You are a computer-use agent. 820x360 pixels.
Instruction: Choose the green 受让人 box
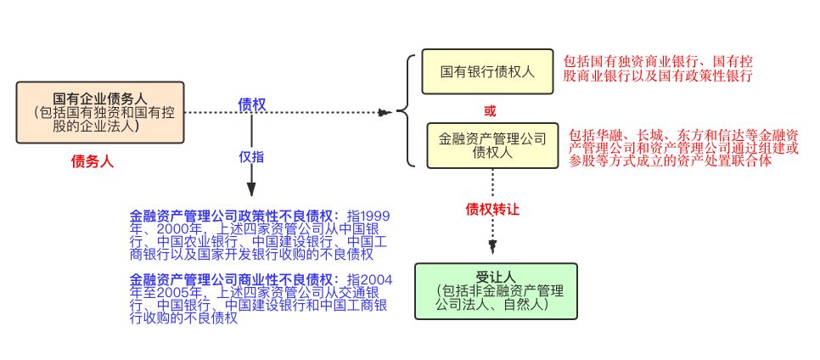click(x=496, y=291)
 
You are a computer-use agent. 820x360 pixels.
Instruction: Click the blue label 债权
click(x=251, y=104)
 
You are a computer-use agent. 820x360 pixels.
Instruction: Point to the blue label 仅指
click(x=251, y=156)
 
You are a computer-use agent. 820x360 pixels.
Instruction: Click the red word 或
click(x=489, y=110)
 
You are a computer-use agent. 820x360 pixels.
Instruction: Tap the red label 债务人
click(x=93, y=160)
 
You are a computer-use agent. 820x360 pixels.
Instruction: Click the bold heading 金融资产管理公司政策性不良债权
click(x=234, y=217)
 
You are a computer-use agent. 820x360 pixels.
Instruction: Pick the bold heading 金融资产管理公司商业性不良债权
click(x=234, y=280)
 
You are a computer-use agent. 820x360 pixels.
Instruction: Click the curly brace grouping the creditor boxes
click(x=406, y=110)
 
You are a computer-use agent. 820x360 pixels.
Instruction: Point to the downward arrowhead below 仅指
click(x=251, y=189)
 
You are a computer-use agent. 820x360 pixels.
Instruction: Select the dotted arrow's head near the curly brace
click(x=385, y=112)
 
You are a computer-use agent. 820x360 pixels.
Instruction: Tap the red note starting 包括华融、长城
click(x=682, y=148)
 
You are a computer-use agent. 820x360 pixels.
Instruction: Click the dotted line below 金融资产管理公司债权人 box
click(x=492, y=183)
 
